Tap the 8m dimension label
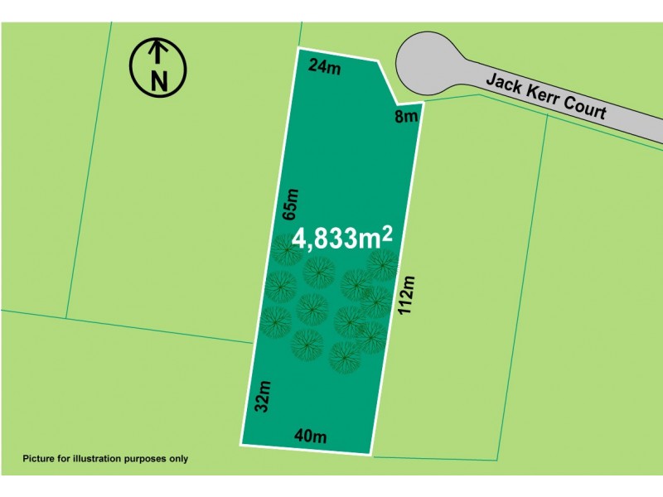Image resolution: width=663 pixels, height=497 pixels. (x=406, y=117)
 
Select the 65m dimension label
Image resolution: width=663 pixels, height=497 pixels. (x=290, y=204)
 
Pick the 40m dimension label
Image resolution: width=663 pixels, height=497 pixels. (x=311, y=437)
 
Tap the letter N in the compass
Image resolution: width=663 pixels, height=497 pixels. (x=158, y=80)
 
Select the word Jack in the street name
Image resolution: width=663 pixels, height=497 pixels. (x=504, y=84)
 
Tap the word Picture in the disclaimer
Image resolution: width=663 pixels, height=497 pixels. (x=41, y=458)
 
